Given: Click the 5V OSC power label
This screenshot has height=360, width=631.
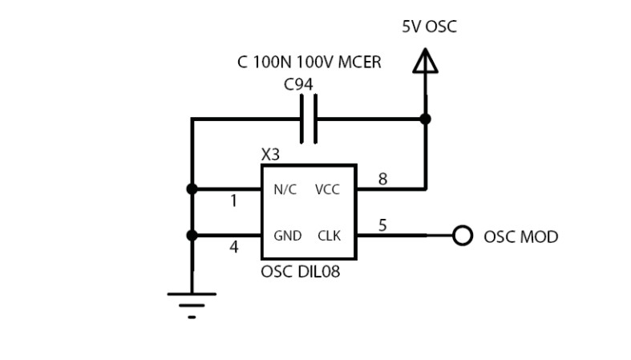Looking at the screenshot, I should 429,27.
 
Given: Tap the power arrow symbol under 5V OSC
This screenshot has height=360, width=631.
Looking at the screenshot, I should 426,62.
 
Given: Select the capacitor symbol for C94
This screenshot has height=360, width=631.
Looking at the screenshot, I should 309,119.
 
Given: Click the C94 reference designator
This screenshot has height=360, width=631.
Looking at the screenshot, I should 298,83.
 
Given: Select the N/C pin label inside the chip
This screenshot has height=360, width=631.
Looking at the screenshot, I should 285,190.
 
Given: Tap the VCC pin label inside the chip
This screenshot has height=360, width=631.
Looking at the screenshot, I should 328,190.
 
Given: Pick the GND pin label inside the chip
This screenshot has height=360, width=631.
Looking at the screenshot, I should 287,236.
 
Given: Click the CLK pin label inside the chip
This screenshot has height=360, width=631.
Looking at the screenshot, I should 329,236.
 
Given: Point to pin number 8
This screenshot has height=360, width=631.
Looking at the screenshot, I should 382,180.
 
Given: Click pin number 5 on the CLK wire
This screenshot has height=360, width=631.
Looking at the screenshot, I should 382,225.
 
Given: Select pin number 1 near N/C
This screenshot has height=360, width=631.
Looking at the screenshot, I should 233,202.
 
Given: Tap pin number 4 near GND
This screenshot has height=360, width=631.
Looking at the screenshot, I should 233,248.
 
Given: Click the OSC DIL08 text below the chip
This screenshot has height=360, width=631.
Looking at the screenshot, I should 300,272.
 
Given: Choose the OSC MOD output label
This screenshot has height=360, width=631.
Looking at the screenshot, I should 520,237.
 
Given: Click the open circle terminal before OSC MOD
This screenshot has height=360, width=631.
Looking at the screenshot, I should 463,236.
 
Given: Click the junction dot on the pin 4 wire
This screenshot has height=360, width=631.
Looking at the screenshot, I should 192,236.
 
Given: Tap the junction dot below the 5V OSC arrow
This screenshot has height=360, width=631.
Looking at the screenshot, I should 426,119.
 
